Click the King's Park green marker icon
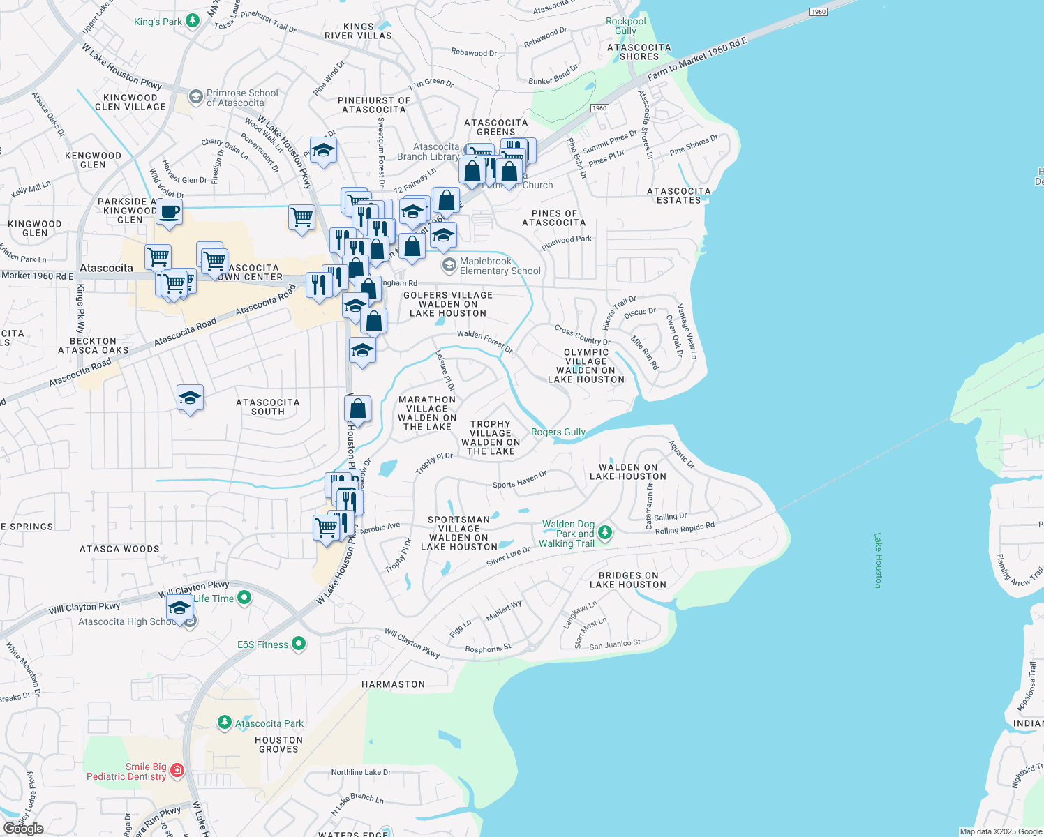192,21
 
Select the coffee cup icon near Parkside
169,211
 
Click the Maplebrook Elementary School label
500,266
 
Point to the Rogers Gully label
558,432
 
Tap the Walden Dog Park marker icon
605,533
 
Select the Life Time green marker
244,597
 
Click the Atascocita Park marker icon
224,722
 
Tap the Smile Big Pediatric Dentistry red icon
177,770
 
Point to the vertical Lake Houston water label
878,560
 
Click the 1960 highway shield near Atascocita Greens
599,108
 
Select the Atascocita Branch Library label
428,151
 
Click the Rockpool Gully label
625,26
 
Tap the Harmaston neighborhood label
393,684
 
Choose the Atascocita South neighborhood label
267,407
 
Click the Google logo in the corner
23,828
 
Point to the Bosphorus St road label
488,649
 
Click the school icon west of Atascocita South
190,398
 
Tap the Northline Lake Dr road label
361,772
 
